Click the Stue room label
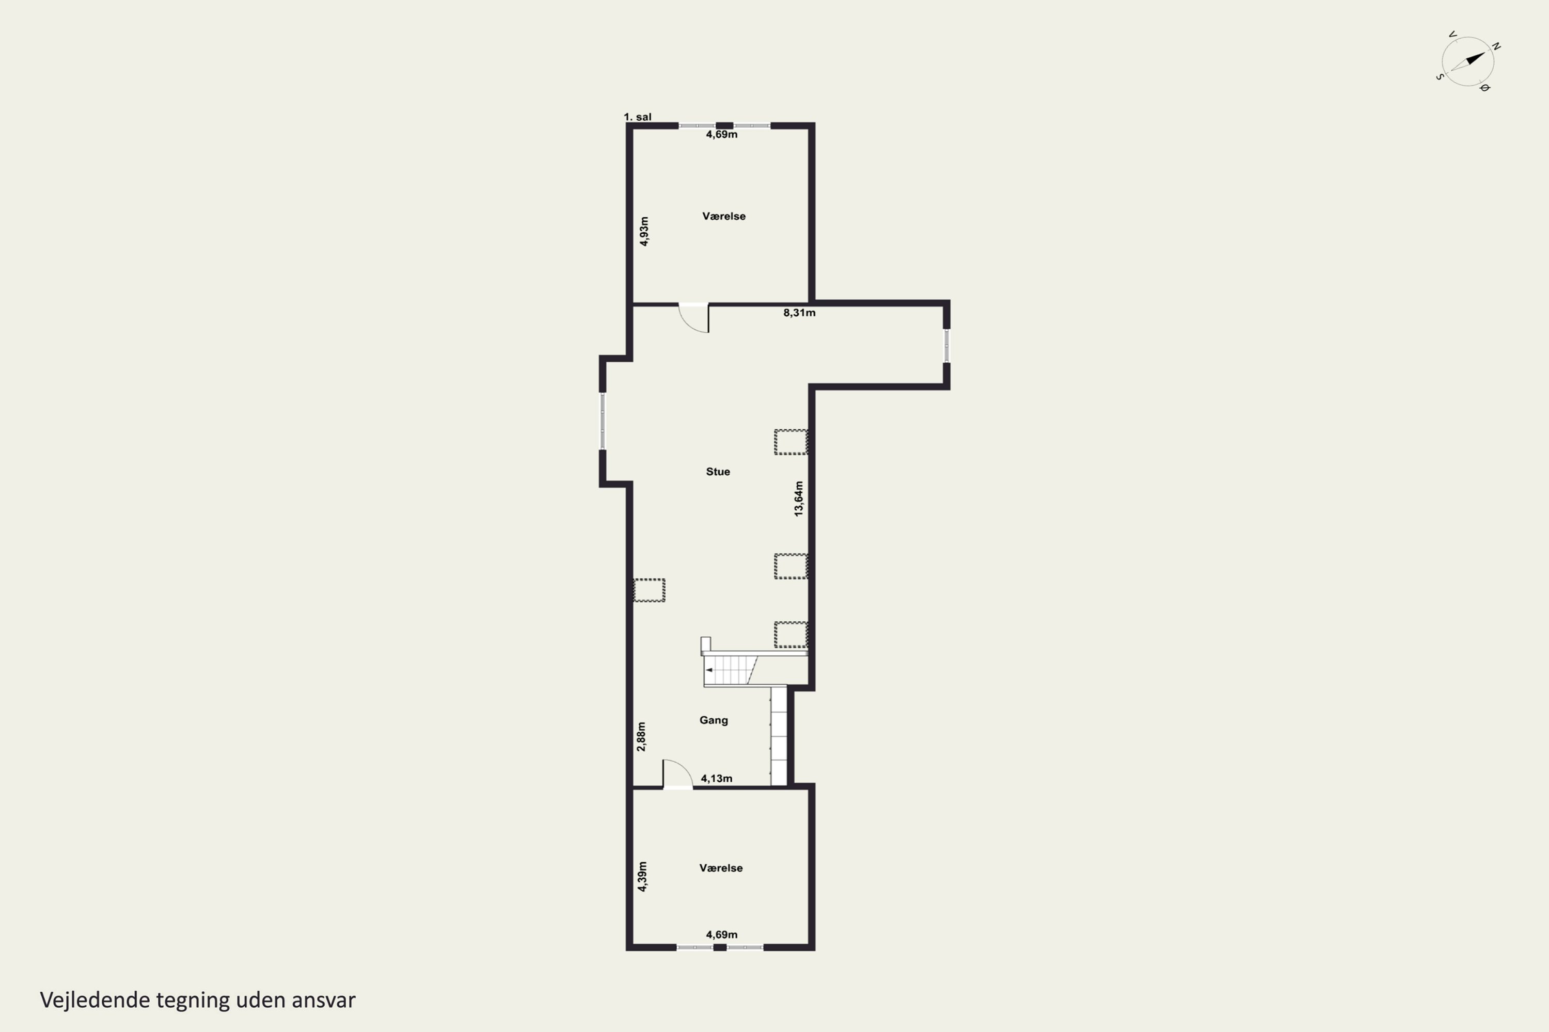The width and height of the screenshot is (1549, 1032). (718, 471)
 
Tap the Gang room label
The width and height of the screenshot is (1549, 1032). (713, 720)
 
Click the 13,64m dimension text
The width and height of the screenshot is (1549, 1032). (799, 498)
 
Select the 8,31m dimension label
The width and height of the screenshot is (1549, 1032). (799, 313)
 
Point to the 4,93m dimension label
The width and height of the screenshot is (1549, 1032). (644, 231)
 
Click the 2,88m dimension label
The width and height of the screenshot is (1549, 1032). (641, 736)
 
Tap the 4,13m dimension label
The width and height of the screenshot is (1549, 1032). (717, 778)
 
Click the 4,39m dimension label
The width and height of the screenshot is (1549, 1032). (642, 876)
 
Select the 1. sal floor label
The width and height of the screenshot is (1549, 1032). (638, 117)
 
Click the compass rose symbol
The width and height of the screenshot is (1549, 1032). (1468, 62)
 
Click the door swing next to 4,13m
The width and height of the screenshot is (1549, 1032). (677, 773)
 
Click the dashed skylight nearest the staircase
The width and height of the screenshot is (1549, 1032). (791, 635)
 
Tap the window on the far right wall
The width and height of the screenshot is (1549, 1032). (946, 346)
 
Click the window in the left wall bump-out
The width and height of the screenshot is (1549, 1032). (602, 421)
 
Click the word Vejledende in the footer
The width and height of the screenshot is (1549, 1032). (95, 1001)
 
